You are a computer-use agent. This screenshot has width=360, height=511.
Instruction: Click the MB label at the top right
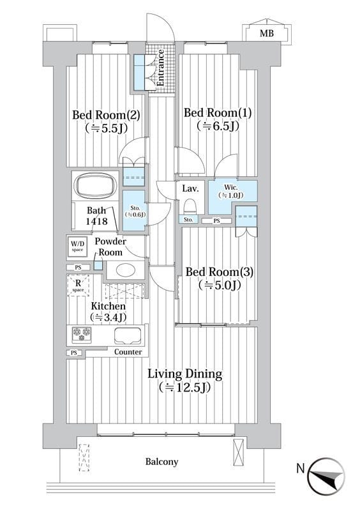click(267, 33)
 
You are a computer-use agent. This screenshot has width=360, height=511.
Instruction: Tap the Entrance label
click(160, 68)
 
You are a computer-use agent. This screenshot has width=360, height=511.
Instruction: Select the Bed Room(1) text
click(218, 113)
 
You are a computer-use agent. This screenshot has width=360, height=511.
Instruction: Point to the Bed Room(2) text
click(106, 115)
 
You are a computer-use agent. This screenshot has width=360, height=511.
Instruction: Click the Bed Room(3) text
click(220, 272)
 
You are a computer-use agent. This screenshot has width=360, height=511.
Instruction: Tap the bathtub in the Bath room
click(96, 185)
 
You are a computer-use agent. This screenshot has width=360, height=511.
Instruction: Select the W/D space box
click(77, 247)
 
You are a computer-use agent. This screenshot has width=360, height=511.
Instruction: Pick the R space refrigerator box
click(78, 286)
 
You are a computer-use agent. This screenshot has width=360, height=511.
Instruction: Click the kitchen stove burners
click(82, 334)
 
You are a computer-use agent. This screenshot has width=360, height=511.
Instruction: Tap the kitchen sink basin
click(128, 335)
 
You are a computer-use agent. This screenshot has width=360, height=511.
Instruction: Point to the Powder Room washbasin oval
click(126, 270)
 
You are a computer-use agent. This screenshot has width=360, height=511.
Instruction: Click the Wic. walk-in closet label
click(230, 192)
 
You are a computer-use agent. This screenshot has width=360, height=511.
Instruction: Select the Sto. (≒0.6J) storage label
click(135, 211)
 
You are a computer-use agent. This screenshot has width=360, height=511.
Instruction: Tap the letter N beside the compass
click(301, 469)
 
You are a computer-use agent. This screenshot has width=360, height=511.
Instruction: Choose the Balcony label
click(161, 462)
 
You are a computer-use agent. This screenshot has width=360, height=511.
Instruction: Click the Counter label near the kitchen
click(128, 352)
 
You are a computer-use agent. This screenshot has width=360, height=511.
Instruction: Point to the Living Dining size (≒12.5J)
click(184, 388)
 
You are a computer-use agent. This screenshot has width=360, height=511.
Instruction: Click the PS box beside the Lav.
click(216, 221)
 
